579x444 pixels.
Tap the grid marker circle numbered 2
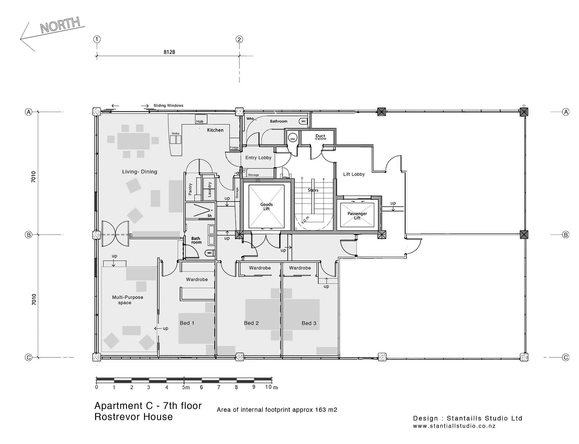[x=239, y=39]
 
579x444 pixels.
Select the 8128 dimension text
[x=169, y=52]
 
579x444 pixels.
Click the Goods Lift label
[x=267, y=206]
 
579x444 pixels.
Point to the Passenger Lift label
[x=357, y=216]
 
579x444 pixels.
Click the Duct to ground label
[x=320, y=137]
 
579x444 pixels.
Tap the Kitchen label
[x=215, y=130]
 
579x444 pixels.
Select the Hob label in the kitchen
[x=200, y=121]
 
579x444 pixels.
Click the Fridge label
[x=234, y=148]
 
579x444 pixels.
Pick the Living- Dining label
[x=140, y=172]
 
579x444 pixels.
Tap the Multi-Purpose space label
[x=127, y=300]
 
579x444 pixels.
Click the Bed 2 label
[x=251, y=323]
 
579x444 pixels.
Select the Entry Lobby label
[x=258, y=158]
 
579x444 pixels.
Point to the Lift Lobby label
[x=354, y=174]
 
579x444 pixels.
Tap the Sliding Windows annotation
[x=168, y=105]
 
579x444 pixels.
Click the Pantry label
[x=190, y=189]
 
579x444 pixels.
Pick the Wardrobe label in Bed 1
[x=197, y=280]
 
